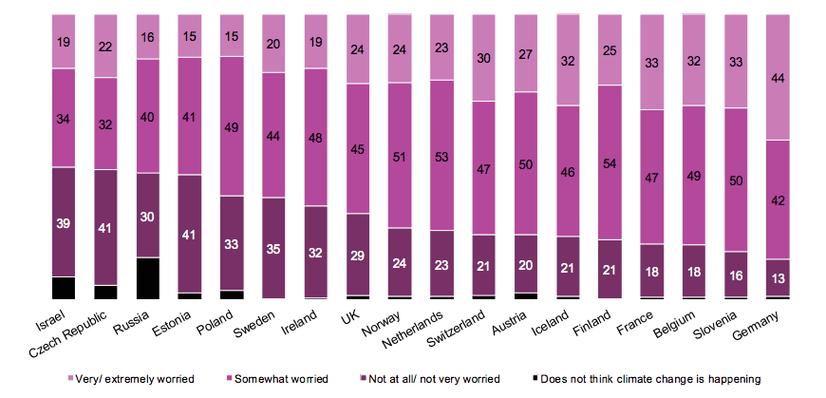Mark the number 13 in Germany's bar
(x=778, y=278)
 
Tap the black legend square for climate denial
(x=537, y=379)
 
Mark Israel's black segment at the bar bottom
(x=64, y=289)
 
